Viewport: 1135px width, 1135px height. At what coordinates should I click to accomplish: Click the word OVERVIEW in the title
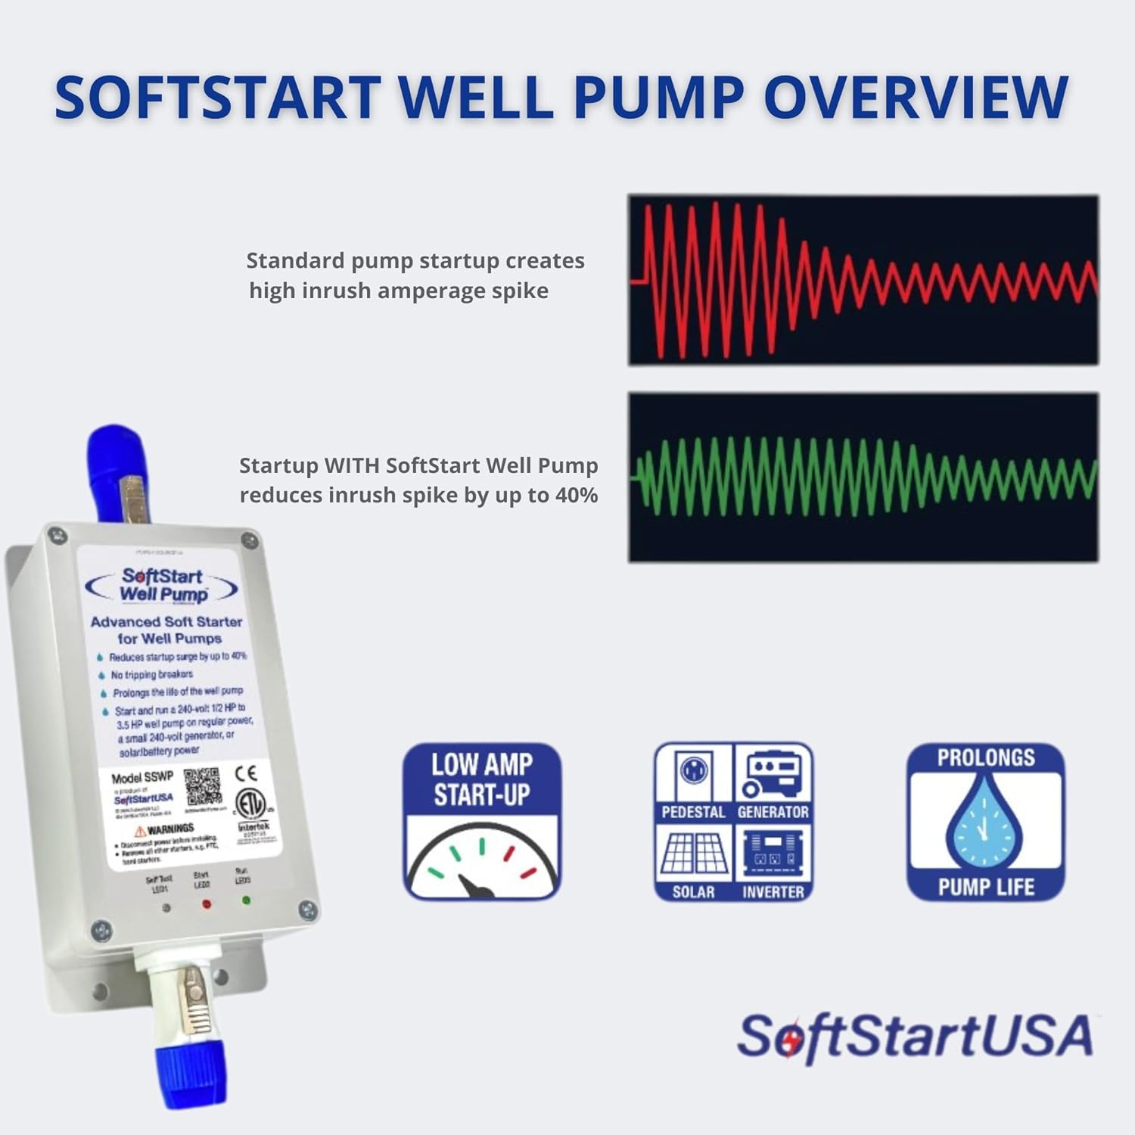coord(916,97)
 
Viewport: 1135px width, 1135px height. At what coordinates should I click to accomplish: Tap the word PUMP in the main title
coord(658,97)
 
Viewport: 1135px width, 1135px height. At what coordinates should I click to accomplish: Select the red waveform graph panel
coord(863,280)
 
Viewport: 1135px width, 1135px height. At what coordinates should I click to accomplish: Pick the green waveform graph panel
coord(863,477)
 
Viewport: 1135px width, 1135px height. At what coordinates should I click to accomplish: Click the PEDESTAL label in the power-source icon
coord(693,812)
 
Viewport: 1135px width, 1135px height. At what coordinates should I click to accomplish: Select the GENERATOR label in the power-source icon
coord(773,812)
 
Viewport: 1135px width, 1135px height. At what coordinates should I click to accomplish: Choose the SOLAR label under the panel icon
coord(693,892)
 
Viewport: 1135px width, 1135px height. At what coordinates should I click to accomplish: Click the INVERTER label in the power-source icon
coord(773,892)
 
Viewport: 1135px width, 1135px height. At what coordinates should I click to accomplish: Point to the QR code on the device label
coord(202,787)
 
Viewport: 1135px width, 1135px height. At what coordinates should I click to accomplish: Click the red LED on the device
coord(206,903)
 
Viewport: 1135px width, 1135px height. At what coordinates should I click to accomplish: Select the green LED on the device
coord(246,900)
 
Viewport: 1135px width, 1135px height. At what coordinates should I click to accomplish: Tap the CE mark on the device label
coord(246,773)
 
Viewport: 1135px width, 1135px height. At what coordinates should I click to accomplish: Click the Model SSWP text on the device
coord(142,777)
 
